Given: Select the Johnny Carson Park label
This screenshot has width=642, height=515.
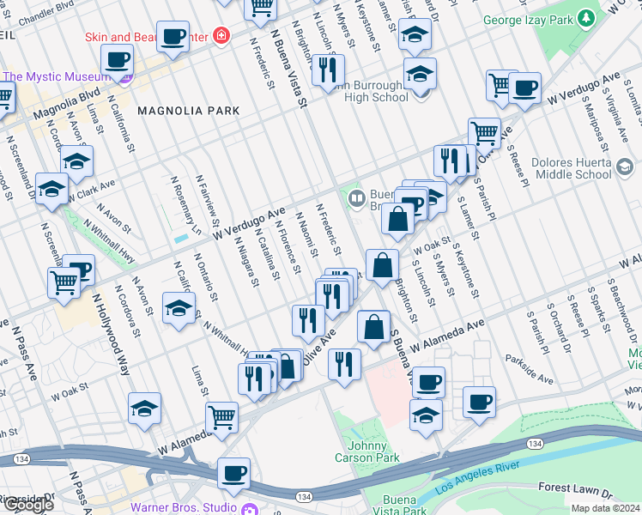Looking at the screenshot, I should [373, 451].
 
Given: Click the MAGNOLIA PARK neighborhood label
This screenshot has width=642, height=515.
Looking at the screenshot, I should [188, 111].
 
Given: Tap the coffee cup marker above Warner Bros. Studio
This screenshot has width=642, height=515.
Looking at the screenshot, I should [233, 471].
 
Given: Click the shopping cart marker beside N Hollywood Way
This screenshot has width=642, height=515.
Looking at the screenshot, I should [64, 282].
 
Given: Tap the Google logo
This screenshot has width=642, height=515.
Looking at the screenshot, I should [27, 504].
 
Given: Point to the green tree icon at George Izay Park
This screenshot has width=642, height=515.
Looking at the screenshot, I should [587, 17].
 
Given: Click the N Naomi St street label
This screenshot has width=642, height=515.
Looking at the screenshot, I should [307, 235].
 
